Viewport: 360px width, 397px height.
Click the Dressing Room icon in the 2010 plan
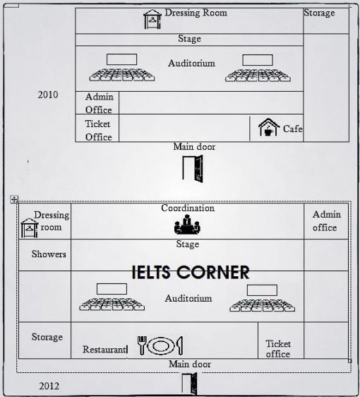click(152, 19)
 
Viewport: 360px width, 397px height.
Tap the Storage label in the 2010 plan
click(319, 13)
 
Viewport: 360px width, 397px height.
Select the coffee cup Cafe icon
click(269, 128)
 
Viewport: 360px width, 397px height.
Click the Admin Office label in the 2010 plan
click(99, 103)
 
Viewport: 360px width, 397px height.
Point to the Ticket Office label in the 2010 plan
click(98, 130)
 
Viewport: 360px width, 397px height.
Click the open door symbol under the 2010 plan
click(193, 169)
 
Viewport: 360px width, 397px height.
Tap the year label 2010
click(48, 95)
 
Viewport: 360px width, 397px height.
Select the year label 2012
click(49, 386)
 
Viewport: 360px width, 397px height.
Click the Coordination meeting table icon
click(187, 225)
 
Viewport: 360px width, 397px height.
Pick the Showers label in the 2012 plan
click(49, 254)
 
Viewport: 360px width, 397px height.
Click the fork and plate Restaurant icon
click(160, 345)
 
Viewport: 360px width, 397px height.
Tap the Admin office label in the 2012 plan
click(326, 220)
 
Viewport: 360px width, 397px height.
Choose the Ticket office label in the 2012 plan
click(278, 349)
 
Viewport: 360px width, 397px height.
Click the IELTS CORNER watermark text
click(191, 272)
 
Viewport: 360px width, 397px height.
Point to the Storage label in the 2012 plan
click(47, 338)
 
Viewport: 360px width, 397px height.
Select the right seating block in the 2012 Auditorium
click(261, 300)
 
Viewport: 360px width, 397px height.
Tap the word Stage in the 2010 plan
click(189, 39)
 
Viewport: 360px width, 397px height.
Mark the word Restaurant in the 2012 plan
click(104, 349)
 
